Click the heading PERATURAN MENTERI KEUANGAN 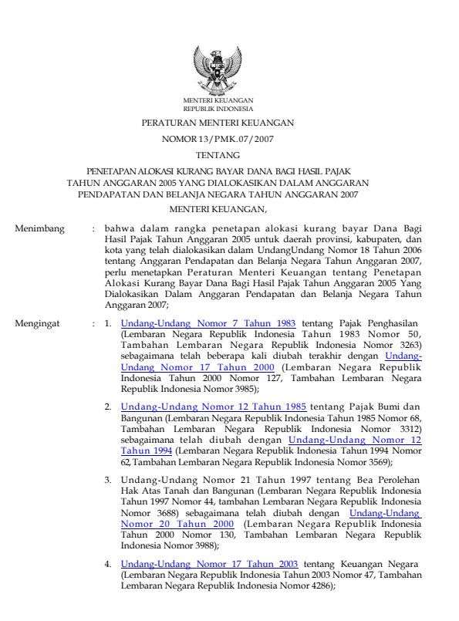[218, 123]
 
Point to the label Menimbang [40, 229]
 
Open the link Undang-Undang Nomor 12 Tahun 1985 [214, 406]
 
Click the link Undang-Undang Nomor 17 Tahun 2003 [210, 564]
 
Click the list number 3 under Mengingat [108, 480]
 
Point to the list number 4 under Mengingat [108, 564]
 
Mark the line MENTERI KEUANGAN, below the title [218, 208]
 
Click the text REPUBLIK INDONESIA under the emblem [218, 109]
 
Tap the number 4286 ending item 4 [319, 586]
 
